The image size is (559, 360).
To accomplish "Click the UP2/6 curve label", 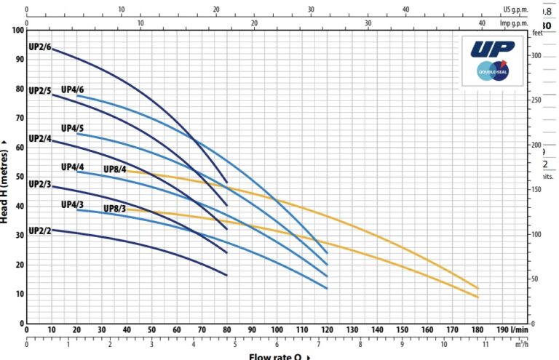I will click(40, 47).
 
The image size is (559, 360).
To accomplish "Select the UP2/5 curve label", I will click(40, 91).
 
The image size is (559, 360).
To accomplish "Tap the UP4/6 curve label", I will click(73, 89).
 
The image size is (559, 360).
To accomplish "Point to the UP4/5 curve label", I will click(73, 128).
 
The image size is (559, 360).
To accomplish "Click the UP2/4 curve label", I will click(40, 138).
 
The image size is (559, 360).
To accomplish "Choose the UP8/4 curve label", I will click(115, 169).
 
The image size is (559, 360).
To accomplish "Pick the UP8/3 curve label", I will click(115, 209).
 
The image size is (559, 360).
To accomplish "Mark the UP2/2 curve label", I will click(40, 231).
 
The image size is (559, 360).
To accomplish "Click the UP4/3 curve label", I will click(73, 204).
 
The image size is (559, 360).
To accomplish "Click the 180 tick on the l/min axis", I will click(477, 329).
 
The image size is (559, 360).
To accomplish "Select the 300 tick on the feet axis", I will click(537, 56).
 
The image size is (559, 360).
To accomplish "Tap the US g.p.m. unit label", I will click(515, 10).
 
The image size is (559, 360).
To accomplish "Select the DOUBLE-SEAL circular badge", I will click(493, 71).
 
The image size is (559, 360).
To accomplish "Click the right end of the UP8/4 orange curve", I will click(477, 287).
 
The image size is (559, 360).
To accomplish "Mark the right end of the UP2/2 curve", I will click(227, 275).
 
